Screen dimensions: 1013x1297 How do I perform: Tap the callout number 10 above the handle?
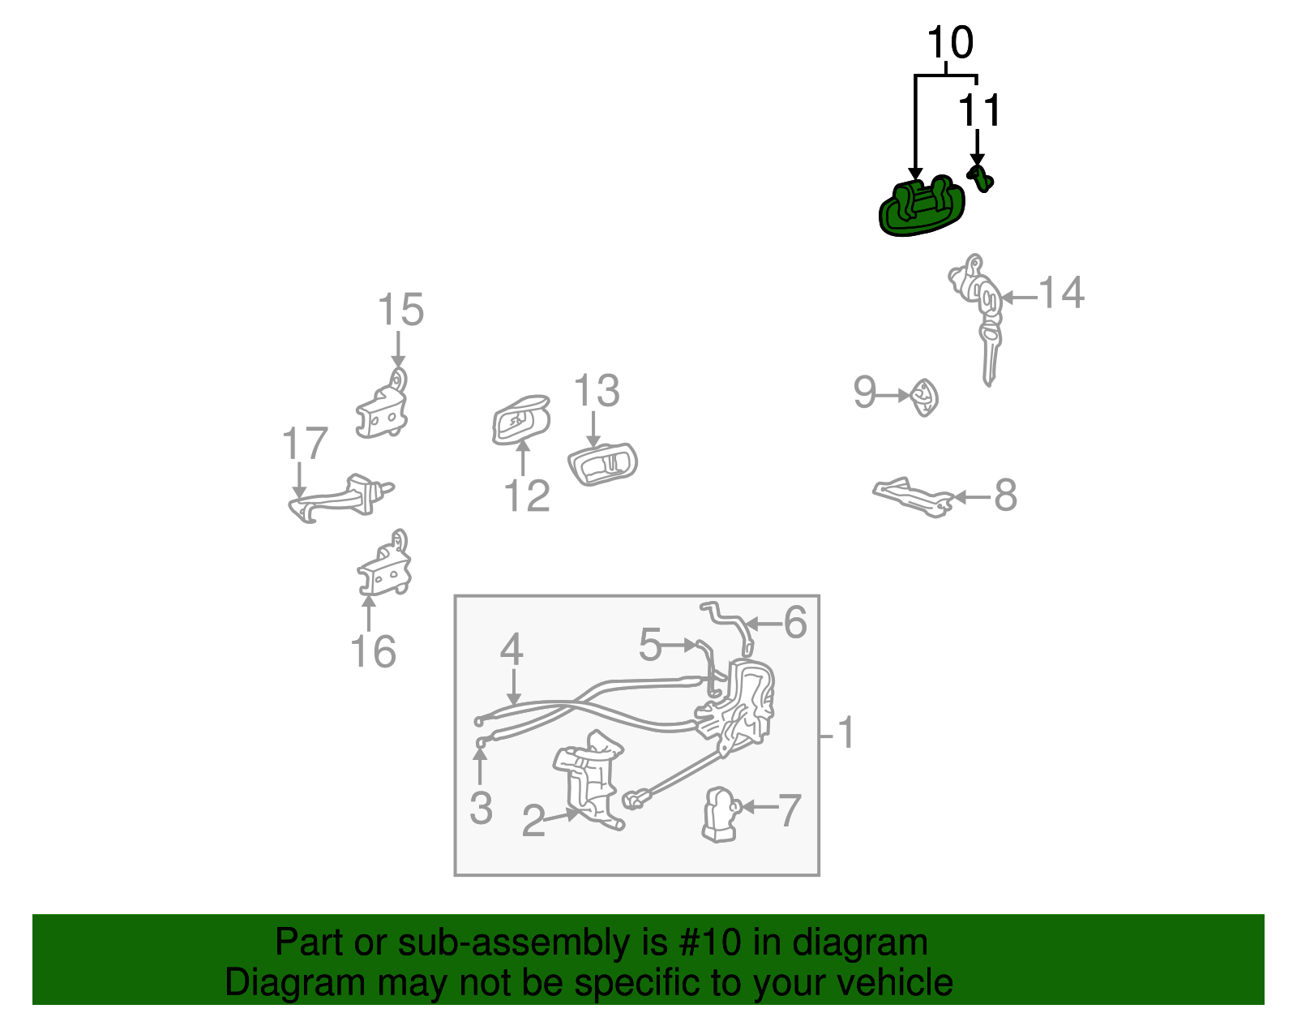tap(949, 43)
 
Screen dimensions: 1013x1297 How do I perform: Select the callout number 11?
tap(979, 110)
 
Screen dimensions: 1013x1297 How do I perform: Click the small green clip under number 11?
tap(980, 178)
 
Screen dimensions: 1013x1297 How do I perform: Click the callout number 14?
tap(1061, 293)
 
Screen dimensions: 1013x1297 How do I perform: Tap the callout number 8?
tap(1005, 496)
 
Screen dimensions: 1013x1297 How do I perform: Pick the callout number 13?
tap(597, 392)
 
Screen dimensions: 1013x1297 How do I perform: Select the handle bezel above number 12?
tap(521, 421)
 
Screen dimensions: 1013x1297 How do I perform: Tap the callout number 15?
tap(400, 311)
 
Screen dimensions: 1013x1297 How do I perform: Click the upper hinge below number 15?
tap(383, 409)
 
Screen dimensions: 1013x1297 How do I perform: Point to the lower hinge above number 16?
tap(385, 568)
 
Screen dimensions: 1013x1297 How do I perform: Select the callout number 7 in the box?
tap(789, 809)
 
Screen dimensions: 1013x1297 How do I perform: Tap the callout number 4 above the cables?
tap(511, 650)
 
